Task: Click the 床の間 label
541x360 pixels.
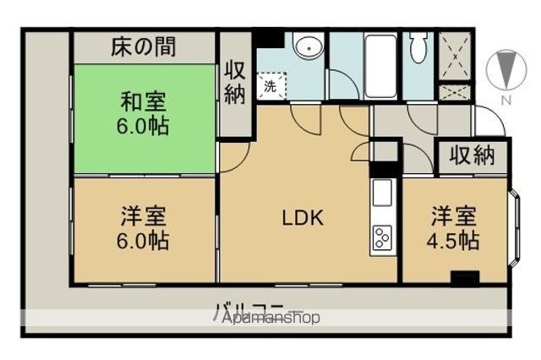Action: [143, 46]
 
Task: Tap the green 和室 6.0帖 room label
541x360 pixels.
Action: [143, 114]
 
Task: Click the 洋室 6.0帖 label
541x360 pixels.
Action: [143, 228]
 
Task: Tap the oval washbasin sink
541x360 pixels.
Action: [309, 47]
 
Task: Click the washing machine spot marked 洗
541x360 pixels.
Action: [270, 85]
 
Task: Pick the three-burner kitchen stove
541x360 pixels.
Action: [382, 237]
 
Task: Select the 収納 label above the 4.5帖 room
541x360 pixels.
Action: [472, 155]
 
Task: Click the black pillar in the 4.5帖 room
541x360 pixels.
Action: [465, 275]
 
